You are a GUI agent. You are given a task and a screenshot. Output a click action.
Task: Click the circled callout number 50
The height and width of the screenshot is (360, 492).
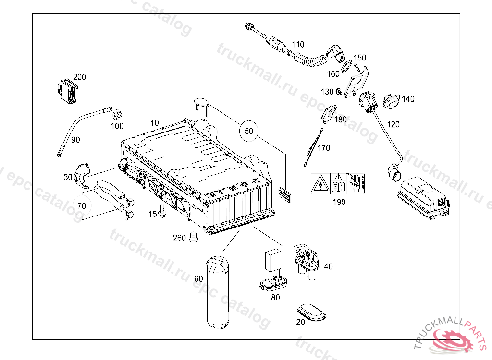(x=248, y=131)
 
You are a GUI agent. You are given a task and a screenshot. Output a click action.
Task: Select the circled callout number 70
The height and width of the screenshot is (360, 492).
(x=82, y=206)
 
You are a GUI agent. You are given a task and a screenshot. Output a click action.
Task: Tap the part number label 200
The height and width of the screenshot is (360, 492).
(x=79, y=77)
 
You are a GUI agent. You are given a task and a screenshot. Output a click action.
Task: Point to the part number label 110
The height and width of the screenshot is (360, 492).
(x=298, y=44)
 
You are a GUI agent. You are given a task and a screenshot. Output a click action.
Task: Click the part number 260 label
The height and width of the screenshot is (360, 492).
(x=180, y=238)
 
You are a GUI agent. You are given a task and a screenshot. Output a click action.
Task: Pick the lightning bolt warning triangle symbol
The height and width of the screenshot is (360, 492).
(x=320, y=183)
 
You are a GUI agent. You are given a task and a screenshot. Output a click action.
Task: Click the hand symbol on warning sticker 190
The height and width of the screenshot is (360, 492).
(x=356, y=183)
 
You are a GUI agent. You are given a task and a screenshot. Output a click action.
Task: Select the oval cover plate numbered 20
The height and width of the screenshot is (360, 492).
(x=311, y=312)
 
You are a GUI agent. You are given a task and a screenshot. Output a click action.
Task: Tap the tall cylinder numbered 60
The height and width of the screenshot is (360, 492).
(x=218, y=292)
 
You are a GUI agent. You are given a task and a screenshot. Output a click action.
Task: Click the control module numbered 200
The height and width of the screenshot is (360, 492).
(x=68, y=91)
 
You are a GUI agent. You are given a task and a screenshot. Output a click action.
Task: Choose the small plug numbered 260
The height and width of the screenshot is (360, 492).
(x=194, y=238)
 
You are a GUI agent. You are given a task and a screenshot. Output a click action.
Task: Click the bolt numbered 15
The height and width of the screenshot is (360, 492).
(x=162, y=211)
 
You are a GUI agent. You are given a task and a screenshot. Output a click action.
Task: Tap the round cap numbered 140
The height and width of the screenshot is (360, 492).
(x=392, y=101)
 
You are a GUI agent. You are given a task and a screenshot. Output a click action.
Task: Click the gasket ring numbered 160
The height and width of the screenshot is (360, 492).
(x=346, y=67)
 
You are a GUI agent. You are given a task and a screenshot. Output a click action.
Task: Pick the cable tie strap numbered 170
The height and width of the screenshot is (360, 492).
(x=313, y=147)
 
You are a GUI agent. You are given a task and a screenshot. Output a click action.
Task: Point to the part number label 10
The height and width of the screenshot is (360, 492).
(x=154, y=123)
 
